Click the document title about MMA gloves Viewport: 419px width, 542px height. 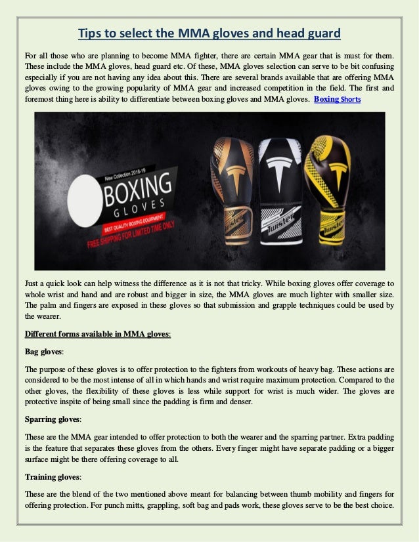(x=209, y=33)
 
